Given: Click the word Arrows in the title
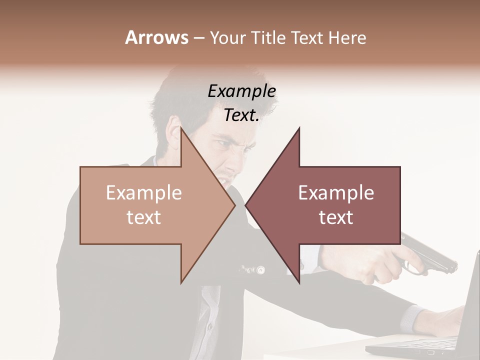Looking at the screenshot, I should click(156, 37).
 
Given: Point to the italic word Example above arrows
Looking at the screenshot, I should click(241, 91).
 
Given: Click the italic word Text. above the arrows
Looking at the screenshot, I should click(241, 115).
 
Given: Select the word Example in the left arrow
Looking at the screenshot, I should click(144, 193).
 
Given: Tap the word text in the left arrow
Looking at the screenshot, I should click(144, 217).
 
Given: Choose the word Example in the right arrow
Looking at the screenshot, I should click(336, 193).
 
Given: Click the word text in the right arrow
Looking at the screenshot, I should click(336, 217).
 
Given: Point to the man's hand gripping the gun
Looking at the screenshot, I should click(380, 265).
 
